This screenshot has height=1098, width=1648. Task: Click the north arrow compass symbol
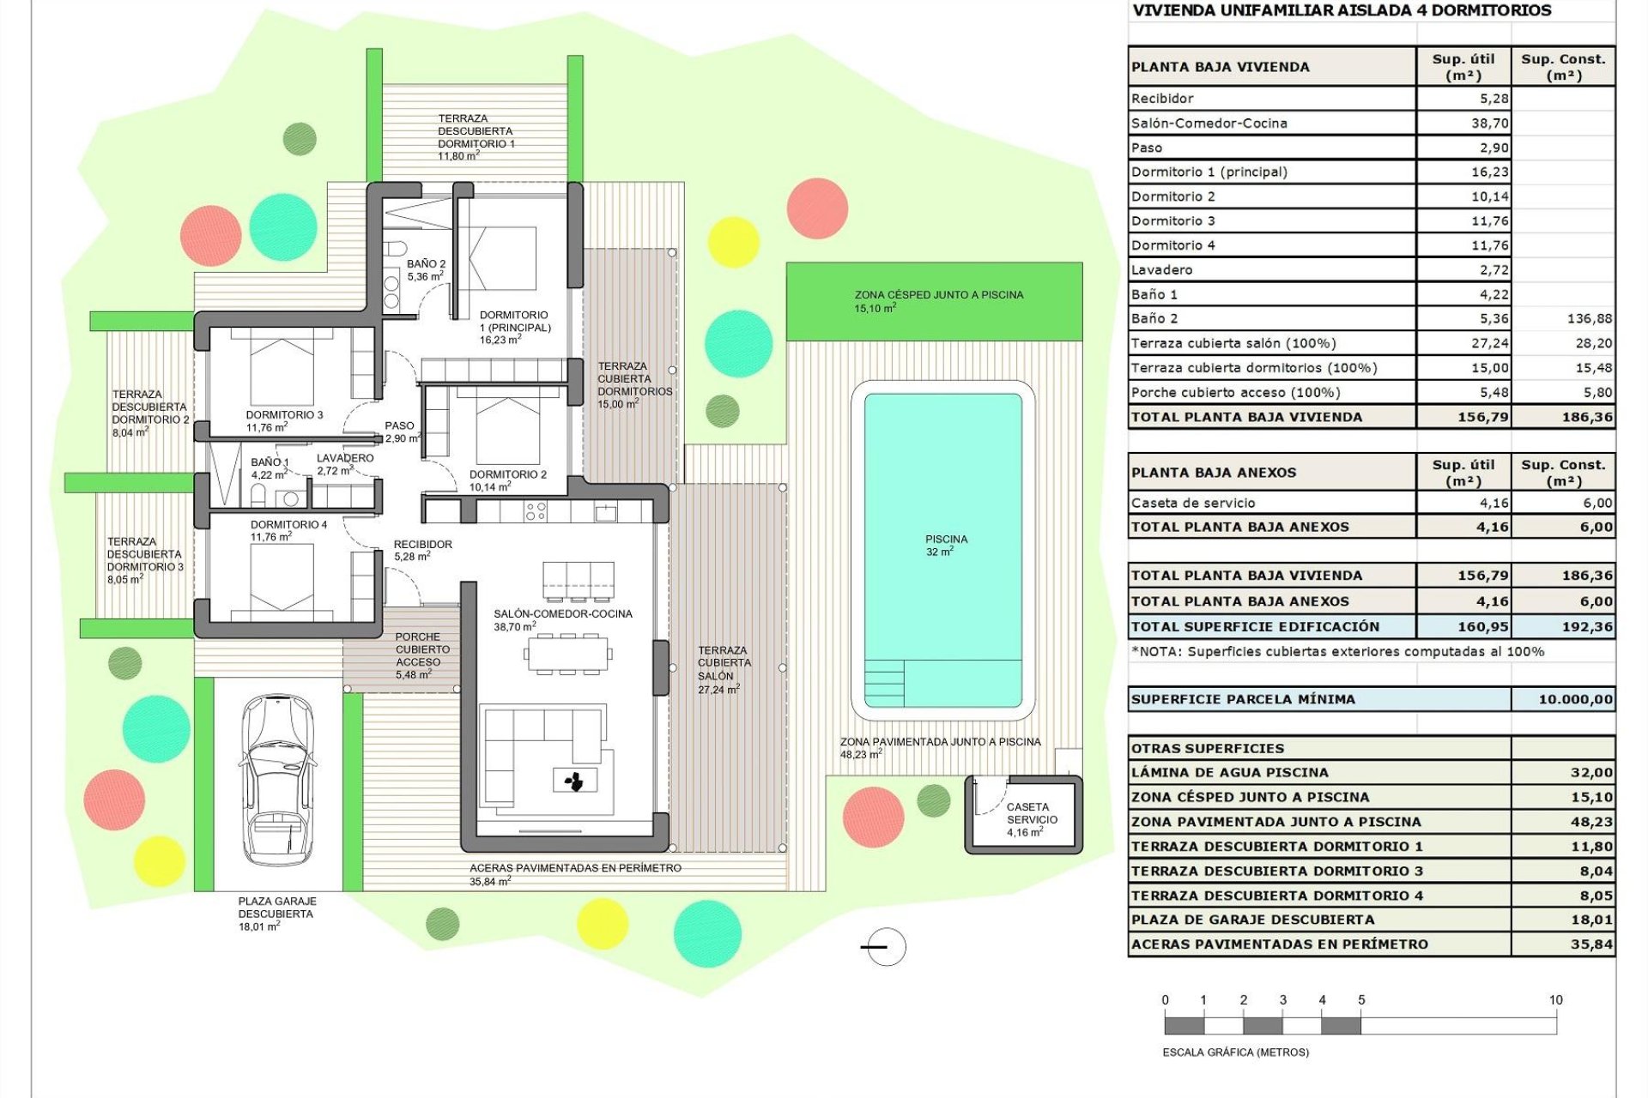tap(885, 947)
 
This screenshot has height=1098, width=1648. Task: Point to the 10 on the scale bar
tap(1555, 1000)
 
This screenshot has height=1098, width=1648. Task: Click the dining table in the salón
tap(568, 655)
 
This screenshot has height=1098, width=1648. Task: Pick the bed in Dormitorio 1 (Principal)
tap(501, 257)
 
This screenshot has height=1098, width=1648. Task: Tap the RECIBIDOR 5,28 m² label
tap(421, 550)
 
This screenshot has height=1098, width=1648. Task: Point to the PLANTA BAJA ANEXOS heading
tap(1213, 473)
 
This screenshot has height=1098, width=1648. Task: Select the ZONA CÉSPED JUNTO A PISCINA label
tap(938, 300)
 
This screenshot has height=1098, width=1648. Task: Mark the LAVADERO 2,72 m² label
tap(344, 464)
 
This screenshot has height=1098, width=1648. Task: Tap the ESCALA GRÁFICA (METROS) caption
tap(1235, 1053)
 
